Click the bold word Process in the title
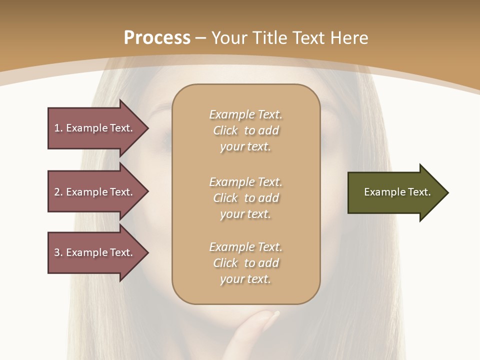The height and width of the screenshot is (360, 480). click(x=157, y=38)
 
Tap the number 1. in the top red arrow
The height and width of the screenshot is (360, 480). click(x=58, y=128)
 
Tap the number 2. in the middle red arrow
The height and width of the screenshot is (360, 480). click(x=58, y=192)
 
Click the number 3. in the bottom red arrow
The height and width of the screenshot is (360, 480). click(x=58, y=252)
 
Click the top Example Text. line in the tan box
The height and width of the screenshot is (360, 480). click(x=245, y=114)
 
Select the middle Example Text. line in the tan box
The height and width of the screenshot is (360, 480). click(x=245, y=181)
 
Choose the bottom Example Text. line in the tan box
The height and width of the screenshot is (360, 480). click(x=245, y=247)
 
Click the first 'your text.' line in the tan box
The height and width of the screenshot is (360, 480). click(x=245, y=147)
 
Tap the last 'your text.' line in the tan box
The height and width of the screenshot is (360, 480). click(x=245, y=279)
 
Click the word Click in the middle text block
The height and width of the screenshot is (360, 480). click(x=225, y=198)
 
